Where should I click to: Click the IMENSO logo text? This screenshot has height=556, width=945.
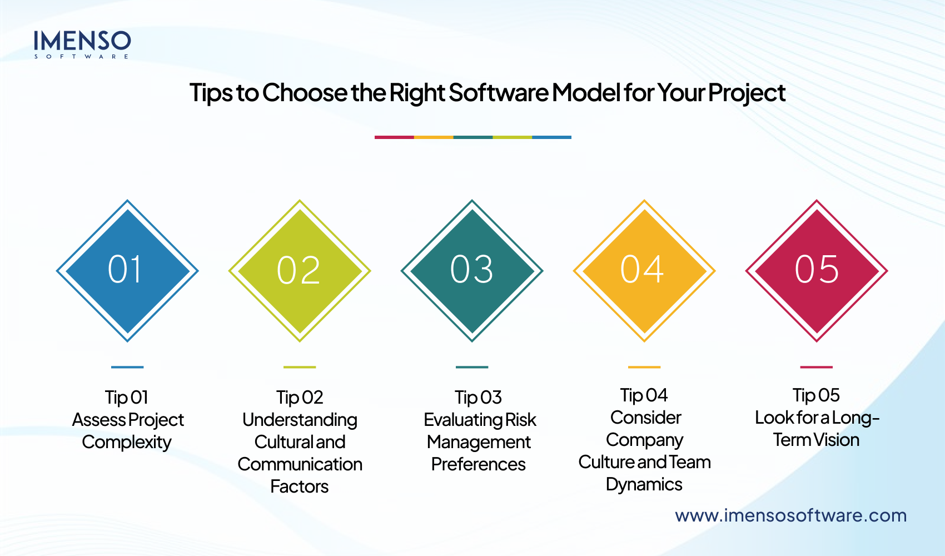tap(82, 42)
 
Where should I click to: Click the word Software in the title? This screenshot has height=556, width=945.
tap(498, 93)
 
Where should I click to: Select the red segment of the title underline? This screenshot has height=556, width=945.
tap(394, 137)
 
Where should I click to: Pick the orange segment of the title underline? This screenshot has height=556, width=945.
tap(434, 137)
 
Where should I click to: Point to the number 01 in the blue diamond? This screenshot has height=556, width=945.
tap(126, 270)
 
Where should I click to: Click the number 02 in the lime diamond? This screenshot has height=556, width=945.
tap(299, 271)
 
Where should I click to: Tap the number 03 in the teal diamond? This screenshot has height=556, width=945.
tap(471, 270)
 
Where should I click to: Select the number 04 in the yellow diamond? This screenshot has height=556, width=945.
tap(642, 270)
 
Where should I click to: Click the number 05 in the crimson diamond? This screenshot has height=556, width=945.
tap(816, 270)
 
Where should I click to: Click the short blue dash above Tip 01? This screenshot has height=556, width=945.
tap(127, 367)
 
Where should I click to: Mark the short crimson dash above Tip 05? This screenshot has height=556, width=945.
tap(816, 367)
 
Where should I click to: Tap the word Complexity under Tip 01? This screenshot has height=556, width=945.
tap(127, 442)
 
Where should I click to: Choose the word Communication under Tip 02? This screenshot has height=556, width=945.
tap(300, 464)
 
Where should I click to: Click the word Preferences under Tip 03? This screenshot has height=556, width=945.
tap(478, 464)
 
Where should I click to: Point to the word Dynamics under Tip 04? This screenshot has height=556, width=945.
tap(644, 484)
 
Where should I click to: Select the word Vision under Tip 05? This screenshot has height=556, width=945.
tap(837, 440)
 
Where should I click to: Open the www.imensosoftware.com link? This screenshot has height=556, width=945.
tap(790, 515)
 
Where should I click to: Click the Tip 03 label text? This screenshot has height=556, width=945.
tap(478, 398)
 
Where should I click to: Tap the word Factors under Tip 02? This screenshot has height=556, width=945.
tap(299, 487)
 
